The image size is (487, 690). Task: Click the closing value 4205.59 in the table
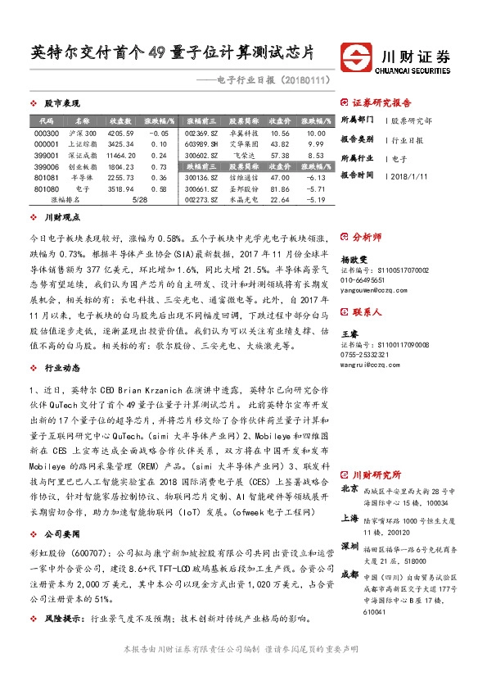click(120, 133)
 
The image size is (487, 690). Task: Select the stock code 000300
click(47, 133)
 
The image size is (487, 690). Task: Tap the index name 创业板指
click(83, 166)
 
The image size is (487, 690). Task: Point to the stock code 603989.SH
click(201, 143)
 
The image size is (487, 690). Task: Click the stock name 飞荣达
click(243, 155)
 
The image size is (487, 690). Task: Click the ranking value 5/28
click(120, 199)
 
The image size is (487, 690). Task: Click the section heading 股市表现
click(61, 103)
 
